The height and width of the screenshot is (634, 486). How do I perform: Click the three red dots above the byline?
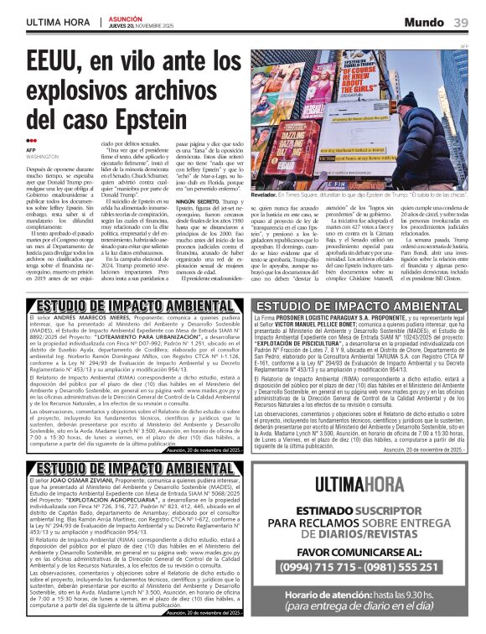coord(32,140)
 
